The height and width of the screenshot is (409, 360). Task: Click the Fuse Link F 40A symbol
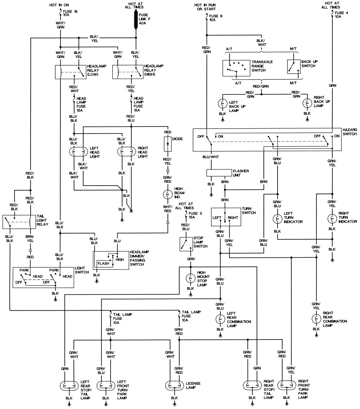click(136, 19)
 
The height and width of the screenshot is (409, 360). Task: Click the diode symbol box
click(168, 144)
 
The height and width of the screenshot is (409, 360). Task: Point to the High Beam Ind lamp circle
click(168, 194)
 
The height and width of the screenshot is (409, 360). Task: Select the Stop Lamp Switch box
click(186, 244)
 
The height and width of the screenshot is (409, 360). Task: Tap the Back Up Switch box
click(294, 67)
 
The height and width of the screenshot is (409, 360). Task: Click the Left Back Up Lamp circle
click(222, 103)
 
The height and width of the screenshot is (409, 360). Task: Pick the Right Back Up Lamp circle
click(307, 103)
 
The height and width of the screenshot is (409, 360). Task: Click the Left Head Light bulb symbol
click(78, 152)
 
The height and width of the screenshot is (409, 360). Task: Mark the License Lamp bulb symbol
click(175, 385)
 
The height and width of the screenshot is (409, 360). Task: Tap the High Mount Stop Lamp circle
click(190, 278)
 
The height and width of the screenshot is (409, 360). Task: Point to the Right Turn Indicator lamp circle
click(332, 219)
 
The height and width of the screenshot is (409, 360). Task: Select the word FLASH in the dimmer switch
click(103, 263)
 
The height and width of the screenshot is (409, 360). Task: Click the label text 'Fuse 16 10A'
click(70, 13)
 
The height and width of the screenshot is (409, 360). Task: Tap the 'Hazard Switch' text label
click(350, 132)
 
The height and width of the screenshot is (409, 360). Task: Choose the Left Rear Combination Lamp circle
click(220, 319)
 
